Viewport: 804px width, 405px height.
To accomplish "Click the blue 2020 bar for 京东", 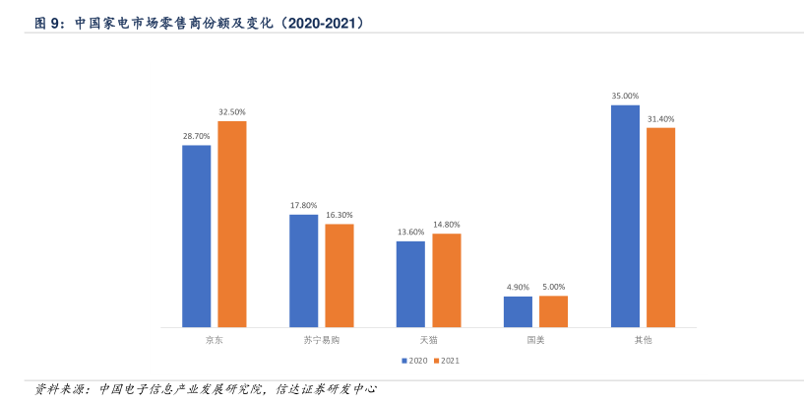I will point(197,236).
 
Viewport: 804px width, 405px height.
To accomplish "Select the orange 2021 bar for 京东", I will point(232,224).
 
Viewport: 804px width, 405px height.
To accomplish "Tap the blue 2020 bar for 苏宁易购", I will point(304,270).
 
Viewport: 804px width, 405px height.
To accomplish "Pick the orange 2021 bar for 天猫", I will point(447,280).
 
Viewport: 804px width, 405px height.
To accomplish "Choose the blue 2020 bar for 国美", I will point(518,311).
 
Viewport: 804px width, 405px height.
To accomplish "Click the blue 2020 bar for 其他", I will point(625,216).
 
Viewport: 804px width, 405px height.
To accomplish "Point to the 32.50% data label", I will point(232,112).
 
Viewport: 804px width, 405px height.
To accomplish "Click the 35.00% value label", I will point(625,96).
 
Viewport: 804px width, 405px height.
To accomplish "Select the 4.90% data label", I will point(518,287).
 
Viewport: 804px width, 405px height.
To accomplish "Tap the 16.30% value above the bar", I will point(340,215).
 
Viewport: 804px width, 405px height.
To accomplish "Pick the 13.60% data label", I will point(410,232).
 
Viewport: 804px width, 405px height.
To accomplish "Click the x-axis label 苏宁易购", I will point(322,340).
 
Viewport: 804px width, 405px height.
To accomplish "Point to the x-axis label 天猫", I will point(428,340).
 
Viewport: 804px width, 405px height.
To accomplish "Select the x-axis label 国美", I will point(535,340).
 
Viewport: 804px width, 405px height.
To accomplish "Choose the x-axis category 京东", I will point(215,340).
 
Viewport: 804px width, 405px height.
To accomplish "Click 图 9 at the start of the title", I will point(50,22).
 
